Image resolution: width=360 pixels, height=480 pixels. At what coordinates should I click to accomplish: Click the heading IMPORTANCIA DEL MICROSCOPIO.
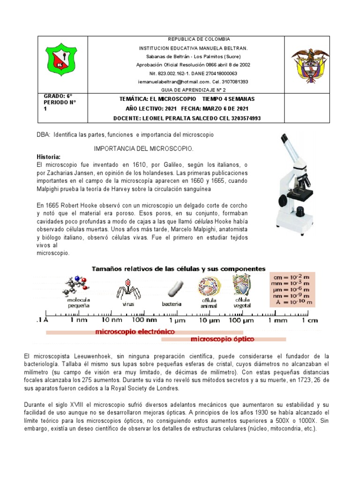click(144, 149)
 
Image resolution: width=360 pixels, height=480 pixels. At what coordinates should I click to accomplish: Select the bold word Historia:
click(49, 156)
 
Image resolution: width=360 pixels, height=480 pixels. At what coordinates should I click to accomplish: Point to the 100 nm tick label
click(145, 320)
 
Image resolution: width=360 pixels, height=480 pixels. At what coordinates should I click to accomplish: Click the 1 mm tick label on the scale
click(277, 320)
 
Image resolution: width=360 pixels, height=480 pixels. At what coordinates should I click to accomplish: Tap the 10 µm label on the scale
click(209, 320)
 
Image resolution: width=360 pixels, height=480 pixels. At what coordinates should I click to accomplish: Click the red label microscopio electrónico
click(135, 331)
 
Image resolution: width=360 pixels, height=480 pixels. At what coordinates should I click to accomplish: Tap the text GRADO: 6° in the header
click(54, 96)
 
